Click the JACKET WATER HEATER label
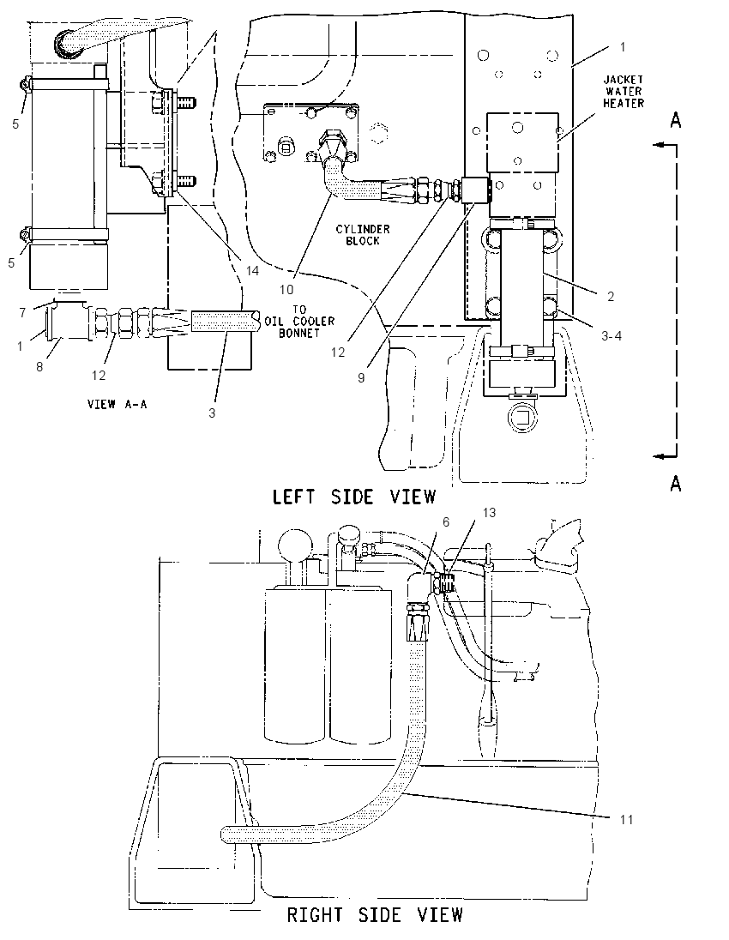coord(624,91)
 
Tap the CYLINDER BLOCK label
coord(363,234)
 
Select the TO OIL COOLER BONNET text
coord(300,322)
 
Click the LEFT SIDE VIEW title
coord(354,497)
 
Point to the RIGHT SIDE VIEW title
coord(375,915)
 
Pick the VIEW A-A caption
coord(117,404)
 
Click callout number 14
coord(252,270)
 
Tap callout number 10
coord(286,289)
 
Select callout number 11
coord(626,819)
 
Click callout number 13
coord(489,513)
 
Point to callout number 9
coord(361,378)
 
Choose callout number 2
coord(611,296)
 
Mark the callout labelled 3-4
coord(611,335)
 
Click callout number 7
coord(23,312)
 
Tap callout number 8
coord(39,366)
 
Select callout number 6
coord(446,522)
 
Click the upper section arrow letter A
coord(676,120)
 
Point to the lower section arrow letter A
coord(676,483)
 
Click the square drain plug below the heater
coord(521,415)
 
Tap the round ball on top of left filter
coord(296,543)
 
